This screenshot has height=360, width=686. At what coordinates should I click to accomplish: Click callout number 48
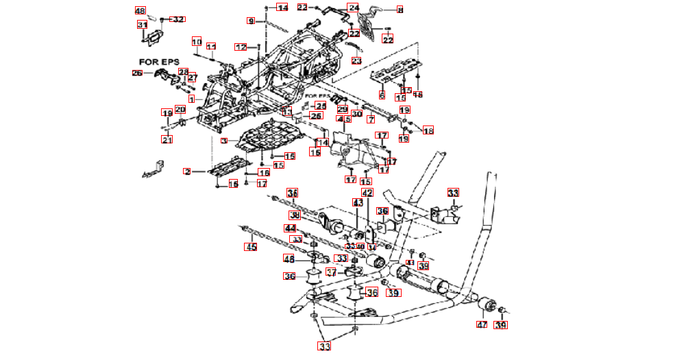[x=140, y=11]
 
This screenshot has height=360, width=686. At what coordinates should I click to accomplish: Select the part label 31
[x=143, y=25]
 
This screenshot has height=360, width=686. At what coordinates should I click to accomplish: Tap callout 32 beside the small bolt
[x=177, y=19]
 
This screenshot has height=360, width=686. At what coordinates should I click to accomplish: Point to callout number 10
[x=197, y=43]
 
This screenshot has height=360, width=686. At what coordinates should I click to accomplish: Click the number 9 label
[x=252, y=21]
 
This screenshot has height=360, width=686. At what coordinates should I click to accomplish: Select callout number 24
[x=354, y=8]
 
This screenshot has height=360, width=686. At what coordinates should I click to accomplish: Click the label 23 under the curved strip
[x=356, y=61]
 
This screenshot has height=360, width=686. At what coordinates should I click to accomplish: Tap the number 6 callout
[x=382, y=95]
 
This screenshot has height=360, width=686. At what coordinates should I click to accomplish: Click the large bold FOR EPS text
[x=159, y=62]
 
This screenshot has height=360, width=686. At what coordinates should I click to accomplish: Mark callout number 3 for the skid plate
[x=223, y=140]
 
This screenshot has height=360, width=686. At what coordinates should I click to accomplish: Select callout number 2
[x=187, y=171]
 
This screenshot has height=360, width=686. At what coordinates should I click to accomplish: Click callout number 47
[x=482, y=324]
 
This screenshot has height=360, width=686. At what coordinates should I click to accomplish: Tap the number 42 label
[x=367, y=193]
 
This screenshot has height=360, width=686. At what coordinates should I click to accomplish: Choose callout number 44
[x=291, y=228]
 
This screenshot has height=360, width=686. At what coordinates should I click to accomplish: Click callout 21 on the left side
[x=167, y=140]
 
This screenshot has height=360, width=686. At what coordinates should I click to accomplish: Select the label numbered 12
[x=241, y=47]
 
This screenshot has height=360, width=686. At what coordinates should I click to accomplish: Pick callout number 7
[x=371, y=119]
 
